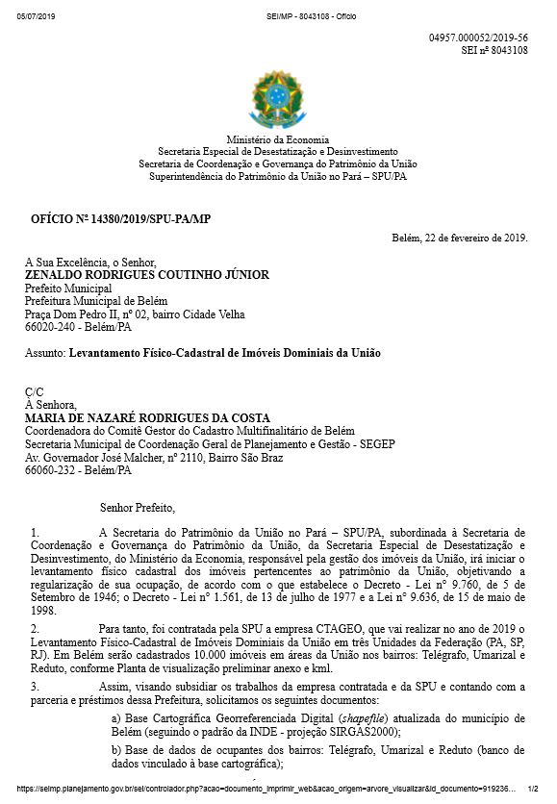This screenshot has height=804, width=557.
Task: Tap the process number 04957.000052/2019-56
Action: point(478,37)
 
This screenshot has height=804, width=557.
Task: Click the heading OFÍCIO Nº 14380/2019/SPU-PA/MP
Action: point(120,220)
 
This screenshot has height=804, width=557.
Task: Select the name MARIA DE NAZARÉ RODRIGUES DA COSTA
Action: point(147,417)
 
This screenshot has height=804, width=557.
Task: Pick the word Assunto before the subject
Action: point(44,353)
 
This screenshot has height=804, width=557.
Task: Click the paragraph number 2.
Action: point(34,627)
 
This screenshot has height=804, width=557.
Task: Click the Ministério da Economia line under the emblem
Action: point(278,139)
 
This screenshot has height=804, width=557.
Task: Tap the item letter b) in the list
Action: point(118,747)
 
